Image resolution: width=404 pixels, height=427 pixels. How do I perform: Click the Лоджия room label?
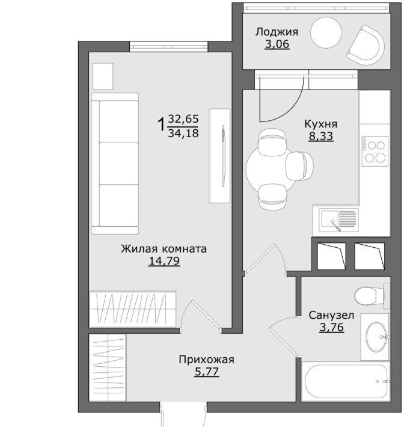[x=277, y=32]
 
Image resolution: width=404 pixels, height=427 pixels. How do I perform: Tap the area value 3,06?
[x=277, y=44]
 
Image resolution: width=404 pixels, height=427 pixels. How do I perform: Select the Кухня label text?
[x=320, y=124]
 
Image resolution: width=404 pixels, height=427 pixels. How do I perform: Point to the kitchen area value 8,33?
[x=321, y=136]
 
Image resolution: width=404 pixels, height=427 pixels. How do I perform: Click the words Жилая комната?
[x=164, y=248]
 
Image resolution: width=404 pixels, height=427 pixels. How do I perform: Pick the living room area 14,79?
[x=164, y=261]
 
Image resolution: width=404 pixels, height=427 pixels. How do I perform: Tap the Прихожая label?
[x=206, y=360]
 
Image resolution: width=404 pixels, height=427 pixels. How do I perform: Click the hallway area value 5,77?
[x=207, y=372]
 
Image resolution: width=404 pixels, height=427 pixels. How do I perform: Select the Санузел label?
[x=331, y=315]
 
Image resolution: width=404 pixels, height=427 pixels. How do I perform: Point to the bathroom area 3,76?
[x=332, y=327]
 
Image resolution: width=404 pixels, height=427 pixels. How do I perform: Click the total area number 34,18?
[x=183, y=133]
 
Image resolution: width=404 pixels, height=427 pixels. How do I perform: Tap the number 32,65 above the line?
[x=183, y=118]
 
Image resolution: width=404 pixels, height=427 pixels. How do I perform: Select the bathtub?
[x=346, y=381]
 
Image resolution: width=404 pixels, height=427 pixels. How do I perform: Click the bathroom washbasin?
[x=376, y=337]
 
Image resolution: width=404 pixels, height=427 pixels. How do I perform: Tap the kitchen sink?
[x=338, y=220]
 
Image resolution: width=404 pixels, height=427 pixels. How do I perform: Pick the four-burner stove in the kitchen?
[x=375, y=151]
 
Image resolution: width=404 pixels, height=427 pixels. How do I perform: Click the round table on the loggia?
[x=326, y=32]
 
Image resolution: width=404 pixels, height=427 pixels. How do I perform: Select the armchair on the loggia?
[x=366, y=45]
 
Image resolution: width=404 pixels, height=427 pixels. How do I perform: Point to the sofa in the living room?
[x=115, y=164]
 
